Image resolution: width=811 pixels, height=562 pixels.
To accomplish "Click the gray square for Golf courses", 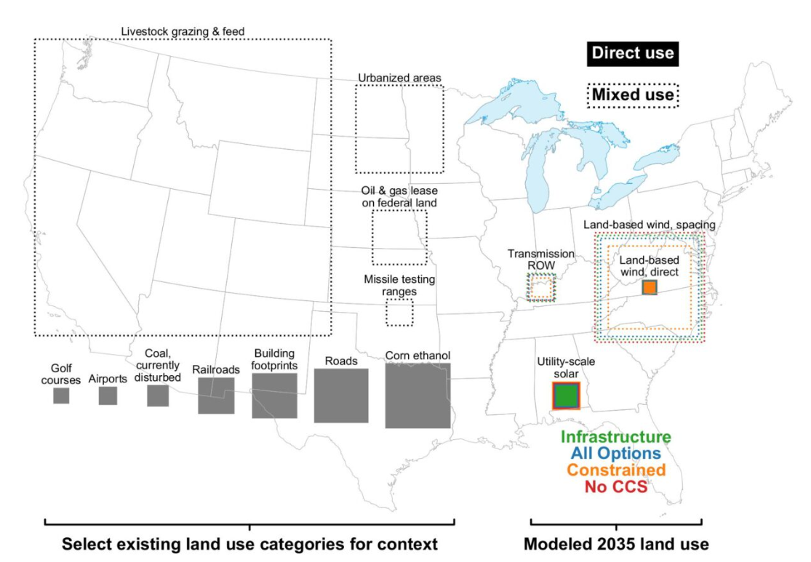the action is click(x=61, y=396).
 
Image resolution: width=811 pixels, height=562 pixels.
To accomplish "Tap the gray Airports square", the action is click(x=108, y=396).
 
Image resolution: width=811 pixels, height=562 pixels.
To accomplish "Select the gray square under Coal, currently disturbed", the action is click(x=158, y=396).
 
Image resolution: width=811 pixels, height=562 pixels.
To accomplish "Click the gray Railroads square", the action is click(x=216, y=396).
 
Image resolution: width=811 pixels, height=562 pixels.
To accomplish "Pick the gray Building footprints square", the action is click(x=275, y=396).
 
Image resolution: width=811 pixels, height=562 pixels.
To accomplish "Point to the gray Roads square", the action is click(x=341, y=396).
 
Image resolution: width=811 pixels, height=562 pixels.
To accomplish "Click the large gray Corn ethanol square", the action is click(x=418, y=396).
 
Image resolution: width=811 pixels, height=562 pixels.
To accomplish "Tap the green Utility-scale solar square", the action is click(x=567, y=396).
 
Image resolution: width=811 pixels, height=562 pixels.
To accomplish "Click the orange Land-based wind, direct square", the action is click(x=650, y=287).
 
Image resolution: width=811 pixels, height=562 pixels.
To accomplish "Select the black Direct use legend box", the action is click(x=633, y=53).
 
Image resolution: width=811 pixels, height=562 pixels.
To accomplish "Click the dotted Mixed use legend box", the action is click(x=633, y=95).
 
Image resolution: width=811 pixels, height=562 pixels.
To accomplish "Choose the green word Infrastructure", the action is click(x=616, y=437).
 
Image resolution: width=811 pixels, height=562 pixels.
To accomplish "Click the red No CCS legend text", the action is click(x=616, y=486).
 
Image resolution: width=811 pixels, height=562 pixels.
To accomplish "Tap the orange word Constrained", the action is click(x=616, y=470).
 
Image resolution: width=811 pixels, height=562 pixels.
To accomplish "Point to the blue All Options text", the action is click(x=616, y=454).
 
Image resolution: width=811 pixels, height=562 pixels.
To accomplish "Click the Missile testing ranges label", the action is click(x=399, y=286).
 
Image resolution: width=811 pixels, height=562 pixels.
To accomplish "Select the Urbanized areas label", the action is click(x=400, y=78).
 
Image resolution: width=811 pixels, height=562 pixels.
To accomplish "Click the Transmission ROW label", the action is click(x=541, y=260).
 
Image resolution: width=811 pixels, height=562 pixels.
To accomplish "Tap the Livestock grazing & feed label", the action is click(x=183, y=31).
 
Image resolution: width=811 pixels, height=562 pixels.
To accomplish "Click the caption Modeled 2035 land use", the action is click(x=616, y=544).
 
